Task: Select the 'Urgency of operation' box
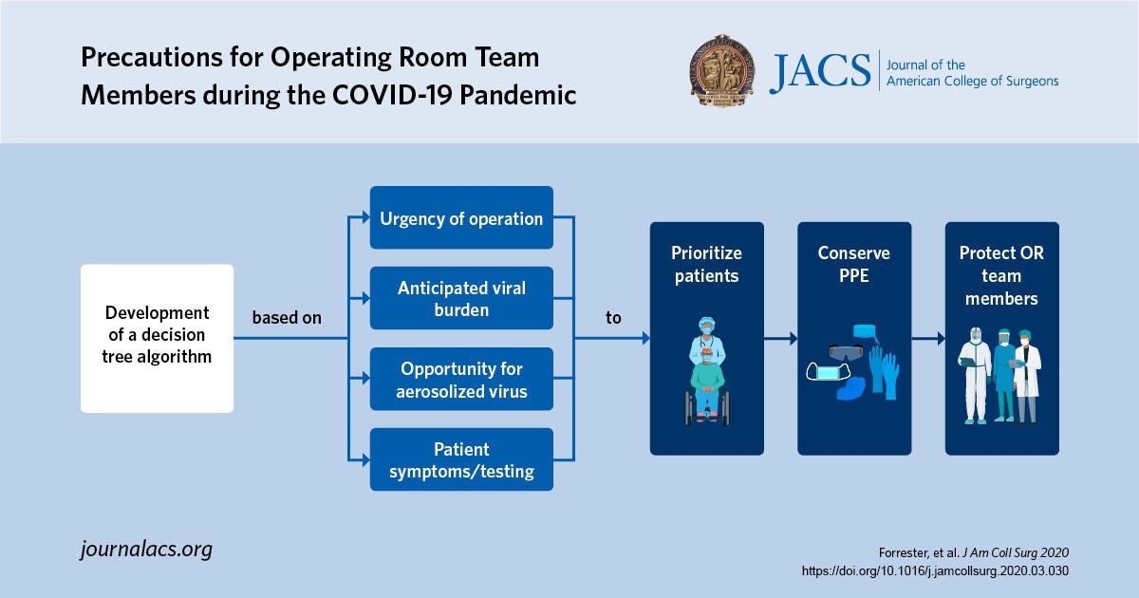(461, 218)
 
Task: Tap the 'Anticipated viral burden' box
(461, 298)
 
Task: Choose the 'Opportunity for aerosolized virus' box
(461, 379)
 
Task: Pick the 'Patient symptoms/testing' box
(461, 459)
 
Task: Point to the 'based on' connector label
(287, 318)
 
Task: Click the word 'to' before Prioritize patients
(613, 318)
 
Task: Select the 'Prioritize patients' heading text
(706, 265)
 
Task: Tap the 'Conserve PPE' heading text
(854, 265)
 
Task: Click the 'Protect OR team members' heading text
(1001, 276)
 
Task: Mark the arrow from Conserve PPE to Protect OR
(928, 338)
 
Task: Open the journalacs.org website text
(146, 549)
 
